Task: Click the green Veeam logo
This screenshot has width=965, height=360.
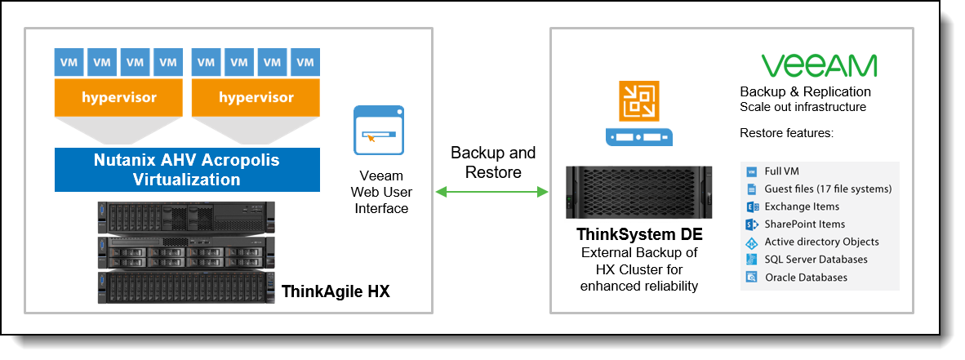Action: [819, 66]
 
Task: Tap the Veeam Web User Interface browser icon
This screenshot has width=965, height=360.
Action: [379, 130]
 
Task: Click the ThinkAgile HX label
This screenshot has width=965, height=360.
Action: [336, 291]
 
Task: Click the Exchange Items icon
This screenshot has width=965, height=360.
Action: [752, 207]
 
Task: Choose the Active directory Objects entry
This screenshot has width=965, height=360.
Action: [821, 242]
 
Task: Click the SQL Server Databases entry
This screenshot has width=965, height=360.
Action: [816, 260]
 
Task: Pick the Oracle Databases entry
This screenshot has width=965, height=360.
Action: [805, 278]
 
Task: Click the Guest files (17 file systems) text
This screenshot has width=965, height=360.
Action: [828, 189]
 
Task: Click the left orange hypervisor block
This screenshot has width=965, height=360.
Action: [118, 98]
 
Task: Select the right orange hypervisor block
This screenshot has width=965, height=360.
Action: [256, 98]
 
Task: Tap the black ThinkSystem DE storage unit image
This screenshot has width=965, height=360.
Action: [638, 193]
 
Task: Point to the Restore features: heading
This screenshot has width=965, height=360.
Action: [786, 132]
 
